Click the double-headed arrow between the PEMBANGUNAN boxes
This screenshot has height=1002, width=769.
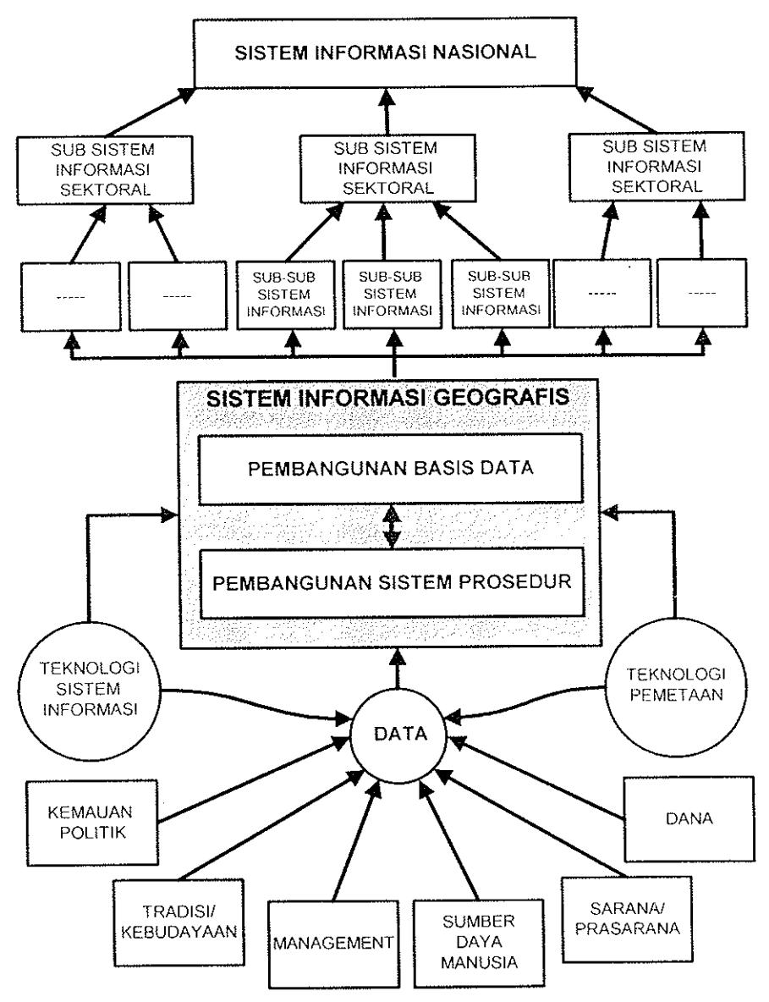(x=392, y=526)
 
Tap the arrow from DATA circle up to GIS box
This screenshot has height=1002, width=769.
(x=398, y=668)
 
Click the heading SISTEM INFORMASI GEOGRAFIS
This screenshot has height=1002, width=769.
(x=387, y=398)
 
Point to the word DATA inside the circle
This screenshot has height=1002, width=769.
(x=400, y=734)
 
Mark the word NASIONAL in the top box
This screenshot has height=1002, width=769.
(x=485, y=52)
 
